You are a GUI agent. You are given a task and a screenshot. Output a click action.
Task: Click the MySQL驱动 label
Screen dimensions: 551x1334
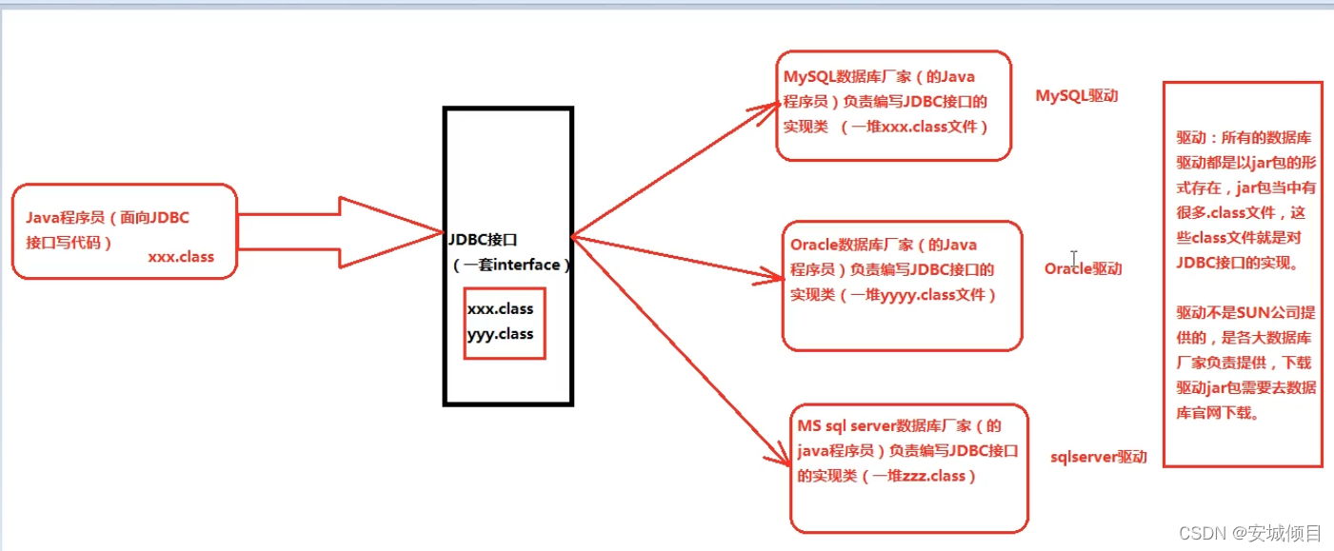click(1076, 96)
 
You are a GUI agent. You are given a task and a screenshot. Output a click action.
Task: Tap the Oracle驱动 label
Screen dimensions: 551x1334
click(1083, 269)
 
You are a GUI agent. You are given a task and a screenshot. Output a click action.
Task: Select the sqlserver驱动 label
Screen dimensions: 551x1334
click(1098, 458)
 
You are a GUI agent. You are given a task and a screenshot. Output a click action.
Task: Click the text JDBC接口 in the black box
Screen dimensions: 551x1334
click(483, 239)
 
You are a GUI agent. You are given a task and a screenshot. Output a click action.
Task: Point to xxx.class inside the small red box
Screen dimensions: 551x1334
click(500, 309)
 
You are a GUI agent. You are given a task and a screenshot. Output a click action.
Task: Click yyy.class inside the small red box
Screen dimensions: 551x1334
click(500, 334)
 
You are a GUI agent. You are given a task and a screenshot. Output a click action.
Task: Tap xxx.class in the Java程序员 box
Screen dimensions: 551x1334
click(181, 257)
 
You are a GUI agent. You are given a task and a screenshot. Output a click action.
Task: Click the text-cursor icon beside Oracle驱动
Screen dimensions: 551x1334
click(1073, 259)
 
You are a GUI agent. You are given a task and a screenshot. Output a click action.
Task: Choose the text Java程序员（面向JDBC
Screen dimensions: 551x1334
click(108, 218)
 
